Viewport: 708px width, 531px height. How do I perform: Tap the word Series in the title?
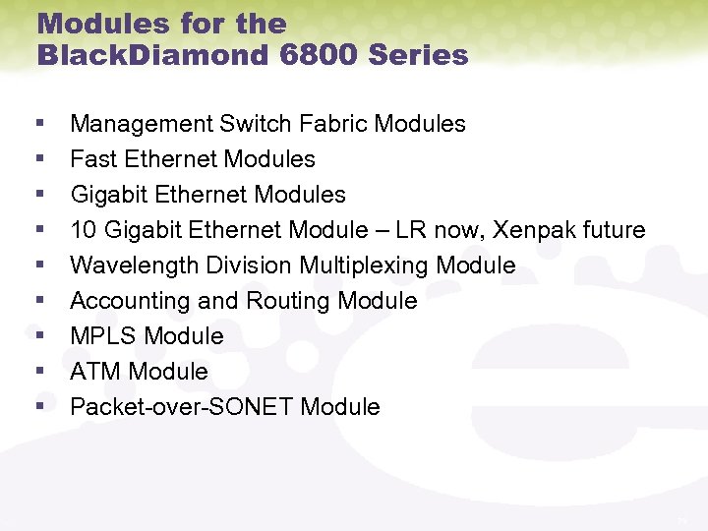pyautogui.click(x=418, y=55)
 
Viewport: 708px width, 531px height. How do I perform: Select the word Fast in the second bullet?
pyautogui.click(x=93, y=159)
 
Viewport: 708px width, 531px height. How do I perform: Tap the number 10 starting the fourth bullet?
pyautogui.click(x=84, y=230)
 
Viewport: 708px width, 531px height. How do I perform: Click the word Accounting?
pyautogui.click(x=130, y=301)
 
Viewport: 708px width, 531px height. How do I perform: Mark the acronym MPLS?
pyautogui.click(x=102, y=336)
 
